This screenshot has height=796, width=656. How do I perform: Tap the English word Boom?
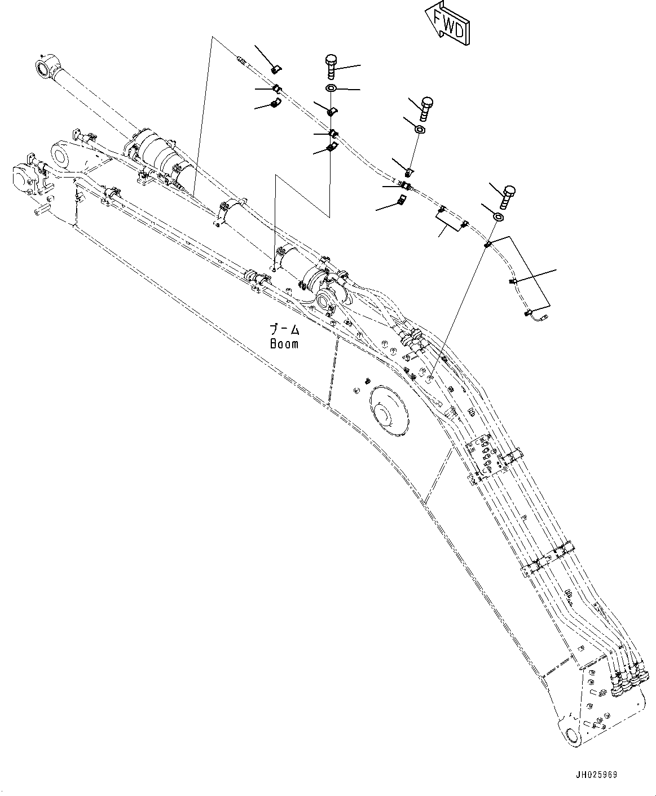284,343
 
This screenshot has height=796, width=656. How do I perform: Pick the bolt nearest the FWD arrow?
331,66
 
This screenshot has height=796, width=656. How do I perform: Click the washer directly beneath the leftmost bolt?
331,89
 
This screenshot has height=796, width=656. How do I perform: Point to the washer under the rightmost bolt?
499,218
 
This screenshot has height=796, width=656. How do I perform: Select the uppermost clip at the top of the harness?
276,69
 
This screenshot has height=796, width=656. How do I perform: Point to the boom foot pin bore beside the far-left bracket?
60,153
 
